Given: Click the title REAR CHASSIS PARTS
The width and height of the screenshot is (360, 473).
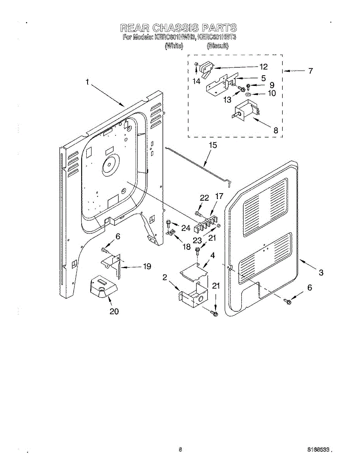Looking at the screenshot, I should click(178, 28).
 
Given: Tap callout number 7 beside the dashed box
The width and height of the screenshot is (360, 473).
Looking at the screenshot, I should click(311, 71).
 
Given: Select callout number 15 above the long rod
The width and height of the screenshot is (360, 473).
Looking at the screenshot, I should click(213, 145).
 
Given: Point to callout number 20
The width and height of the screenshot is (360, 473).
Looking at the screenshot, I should click(114, 311).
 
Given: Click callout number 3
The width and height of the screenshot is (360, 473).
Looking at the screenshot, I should click(321, 272).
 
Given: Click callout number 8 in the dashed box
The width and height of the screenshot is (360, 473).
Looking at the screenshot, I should click(276, 130).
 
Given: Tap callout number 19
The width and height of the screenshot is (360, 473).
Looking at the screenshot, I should click(147, 266).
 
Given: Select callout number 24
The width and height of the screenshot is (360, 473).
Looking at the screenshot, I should click(186, 228).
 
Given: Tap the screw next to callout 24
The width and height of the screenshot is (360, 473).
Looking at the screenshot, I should click(169, 223).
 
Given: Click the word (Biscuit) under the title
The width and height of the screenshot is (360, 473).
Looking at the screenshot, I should click(218, 46).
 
